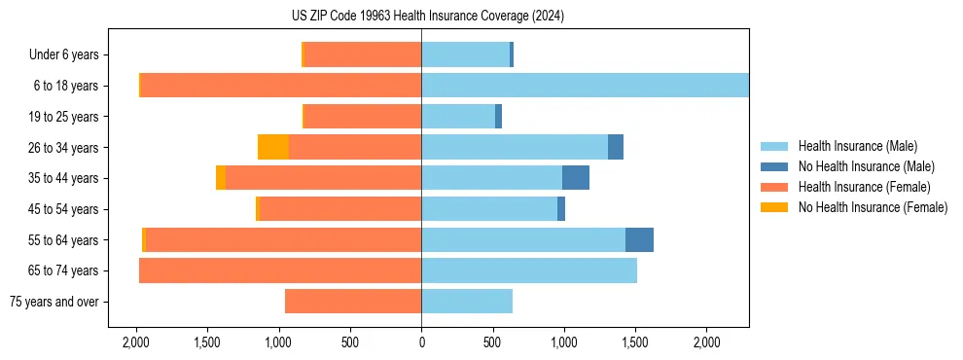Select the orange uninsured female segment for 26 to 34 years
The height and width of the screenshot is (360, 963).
click(x=273, y=147)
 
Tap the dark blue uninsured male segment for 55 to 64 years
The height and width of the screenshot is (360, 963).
click(x=639, y=239)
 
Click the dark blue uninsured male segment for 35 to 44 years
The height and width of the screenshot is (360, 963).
click(x=576, y=178)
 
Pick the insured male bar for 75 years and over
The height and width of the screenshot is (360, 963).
click(x=467, y=302)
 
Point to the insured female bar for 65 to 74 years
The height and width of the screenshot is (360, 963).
click(x=280, y=270)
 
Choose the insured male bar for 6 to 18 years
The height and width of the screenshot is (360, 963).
click(x=585, y=86)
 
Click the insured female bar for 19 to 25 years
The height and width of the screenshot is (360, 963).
click(x=363, y=117)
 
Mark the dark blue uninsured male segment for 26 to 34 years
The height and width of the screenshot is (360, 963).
click(x=616, y=147)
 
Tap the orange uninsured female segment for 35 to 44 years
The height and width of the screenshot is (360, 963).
click(x=221, y=178)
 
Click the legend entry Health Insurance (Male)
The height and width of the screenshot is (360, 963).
click(x=857, y=146)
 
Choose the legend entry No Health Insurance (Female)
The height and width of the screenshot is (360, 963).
click(x=873, y=207)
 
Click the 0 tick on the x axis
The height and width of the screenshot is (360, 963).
click(x=421, y=342)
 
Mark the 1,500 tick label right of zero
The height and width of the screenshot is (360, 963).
click(x=635, y=342)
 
